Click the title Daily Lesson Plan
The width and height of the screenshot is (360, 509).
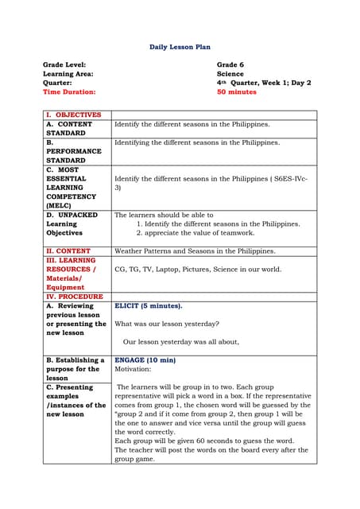(x=180, y=47)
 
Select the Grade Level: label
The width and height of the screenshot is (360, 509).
(x=64, y=64)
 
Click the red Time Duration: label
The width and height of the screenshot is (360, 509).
(x=69, y=91)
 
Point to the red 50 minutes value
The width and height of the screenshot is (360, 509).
(x=237, y=91)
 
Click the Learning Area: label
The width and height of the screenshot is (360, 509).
(x=68, y=73)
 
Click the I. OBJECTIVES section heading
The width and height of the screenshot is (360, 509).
(x=73, y=115)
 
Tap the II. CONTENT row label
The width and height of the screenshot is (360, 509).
(x=68, y=251)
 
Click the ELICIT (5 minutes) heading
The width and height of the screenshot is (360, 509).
(x=149, y=305)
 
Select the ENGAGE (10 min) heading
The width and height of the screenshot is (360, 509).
(x=145, y=360)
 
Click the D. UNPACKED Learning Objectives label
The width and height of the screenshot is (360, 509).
(x=72, y=224)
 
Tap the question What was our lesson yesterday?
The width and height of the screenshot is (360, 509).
(x=167, y=324)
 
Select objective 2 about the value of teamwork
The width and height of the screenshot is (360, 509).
(x=195, y=233)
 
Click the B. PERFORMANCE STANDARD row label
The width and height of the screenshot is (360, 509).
(x=73, y=151)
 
